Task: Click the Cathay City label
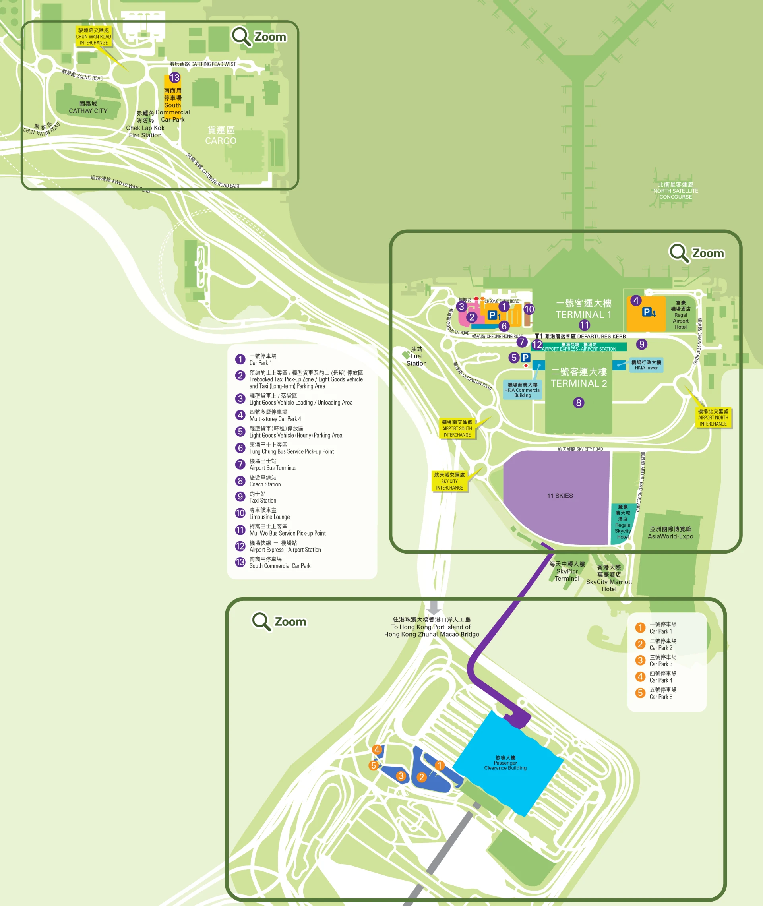pyautogui.click(x=88, y=107)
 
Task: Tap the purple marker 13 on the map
pyautogui.click(x=174, y=78)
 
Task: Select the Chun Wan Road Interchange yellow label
pyautogui.click(x=94, y=36)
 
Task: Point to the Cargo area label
pyautogui.click(x=221, y=136)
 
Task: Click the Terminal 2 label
pyautogui.click(x=579, y=377)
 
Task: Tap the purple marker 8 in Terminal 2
pyautogui.click(x=578, y=403)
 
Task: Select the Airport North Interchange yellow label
pyautogui.click(x=713, y=418)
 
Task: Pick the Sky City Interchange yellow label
pyautogui.click(x=449, y=481)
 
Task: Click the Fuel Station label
pyautogui.click(x=416, y=356)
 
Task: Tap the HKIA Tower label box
pyautogui.click(x=646, y=365)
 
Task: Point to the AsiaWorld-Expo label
pyautogui.click(x=670, y=533)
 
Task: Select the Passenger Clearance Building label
pyautogui.click(x=505, y=763)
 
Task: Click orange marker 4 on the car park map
pyautogui.click(x=377, y=749)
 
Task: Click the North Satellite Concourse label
pyautogui.click(x=675, y=191)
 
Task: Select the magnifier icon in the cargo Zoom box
pyautogui.click(x=240, y=36)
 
